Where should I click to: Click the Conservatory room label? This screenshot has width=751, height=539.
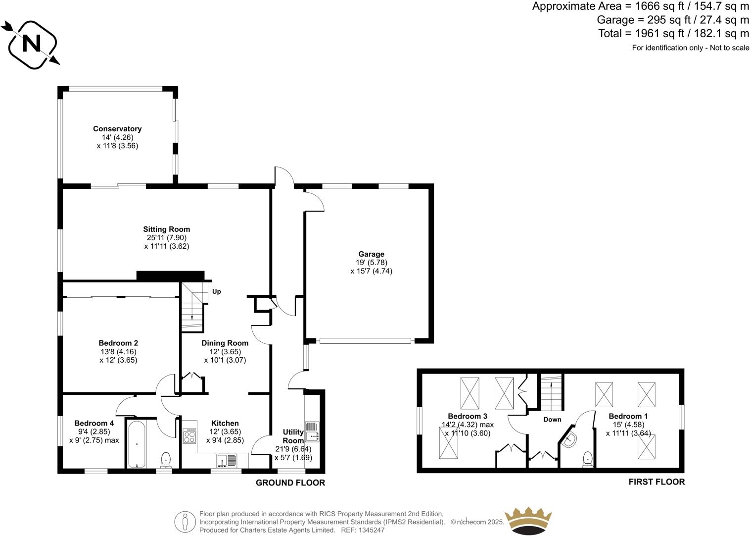pos(117,129)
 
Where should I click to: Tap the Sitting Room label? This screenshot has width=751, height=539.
pos(167,229)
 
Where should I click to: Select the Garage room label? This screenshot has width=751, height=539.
pos(371,254)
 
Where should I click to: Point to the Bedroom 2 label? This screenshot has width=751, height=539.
pos(118,343)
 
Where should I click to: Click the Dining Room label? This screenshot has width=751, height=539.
pos(225,343)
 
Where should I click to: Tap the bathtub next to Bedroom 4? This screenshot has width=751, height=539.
pos(137,443)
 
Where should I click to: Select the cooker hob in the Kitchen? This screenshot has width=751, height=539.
pos(189,436)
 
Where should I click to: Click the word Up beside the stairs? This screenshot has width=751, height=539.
pos(216,291)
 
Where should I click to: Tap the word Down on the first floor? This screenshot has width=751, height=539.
pos(552,420)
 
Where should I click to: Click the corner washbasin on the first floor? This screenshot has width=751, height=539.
pos(569,439)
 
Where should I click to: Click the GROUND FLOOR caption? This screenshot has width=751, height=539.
pos(290,483)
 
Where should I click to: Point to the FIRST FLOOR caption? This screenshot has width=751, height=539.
pos(657,482)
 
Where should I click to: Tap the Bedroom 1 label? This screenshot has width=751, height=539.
pos(628,416)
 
